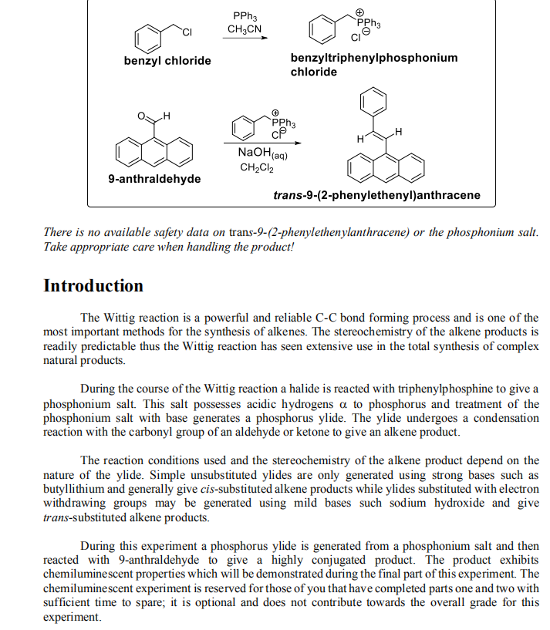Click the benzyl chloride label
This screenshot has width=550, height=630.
point(167,61)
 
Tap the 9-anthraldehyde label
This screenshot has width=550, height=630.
point(154,179)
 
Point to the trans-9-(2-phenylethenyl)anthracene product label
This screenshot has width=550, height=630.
point(376,195)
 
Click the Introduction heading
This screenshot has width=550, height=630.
point(93,286)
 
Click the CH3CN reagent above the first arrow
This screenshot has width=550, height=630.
point(245,29)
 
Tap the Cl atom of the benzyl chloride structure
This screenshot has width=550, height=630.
point(186,31)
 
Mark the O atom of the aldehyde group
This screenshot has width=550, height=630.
point(140,116)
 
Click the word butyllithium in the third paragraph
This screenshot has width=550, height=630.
point(76,489)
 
